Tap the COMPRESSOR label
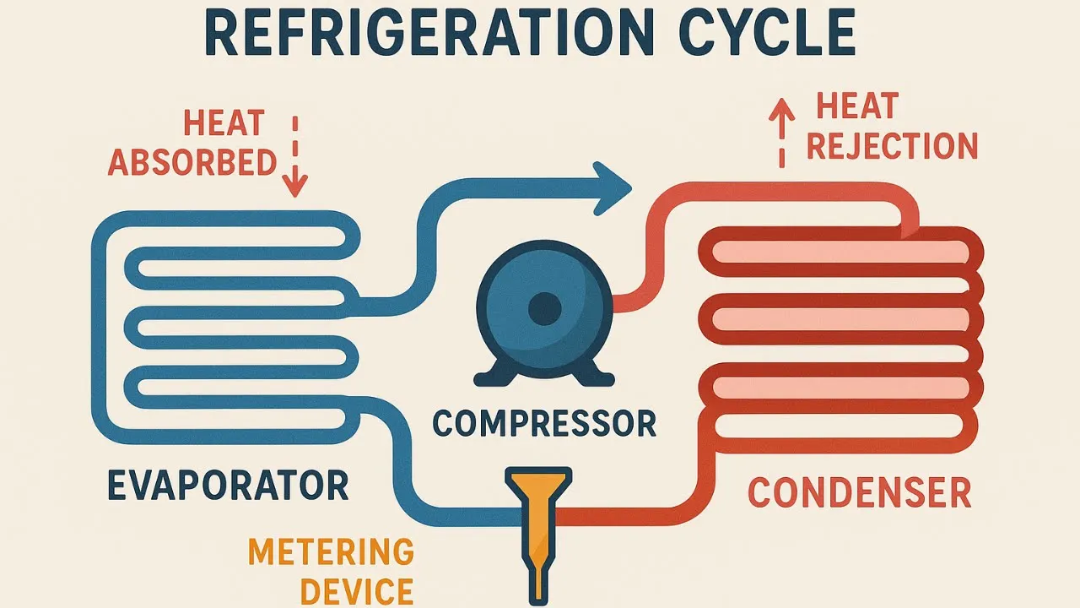coord(544,422)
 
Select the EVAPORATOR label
coord(228,486)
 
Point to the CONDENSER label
coord(860,493)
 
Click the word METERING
coord(331,553)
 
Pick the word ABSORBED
coord(192,162)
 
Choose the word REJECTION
coord(892,146)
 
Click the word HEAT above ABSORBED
coord(224,126)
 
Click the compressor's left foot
coord(490,372)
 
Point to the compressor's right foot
coord(597,372)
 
